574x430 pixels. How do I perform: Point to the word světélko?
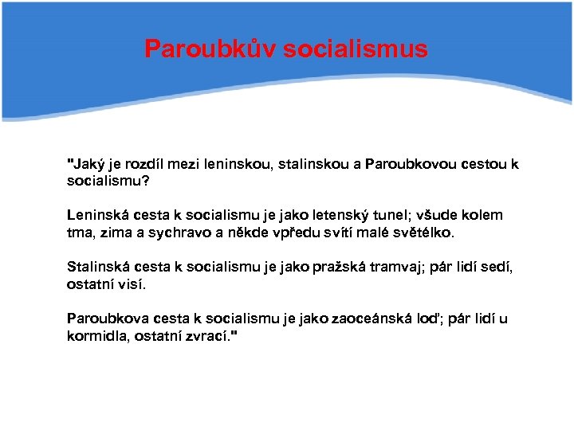click(x=422, y=233)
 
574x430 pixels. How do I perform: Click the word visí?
click(x=131, y=284)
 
